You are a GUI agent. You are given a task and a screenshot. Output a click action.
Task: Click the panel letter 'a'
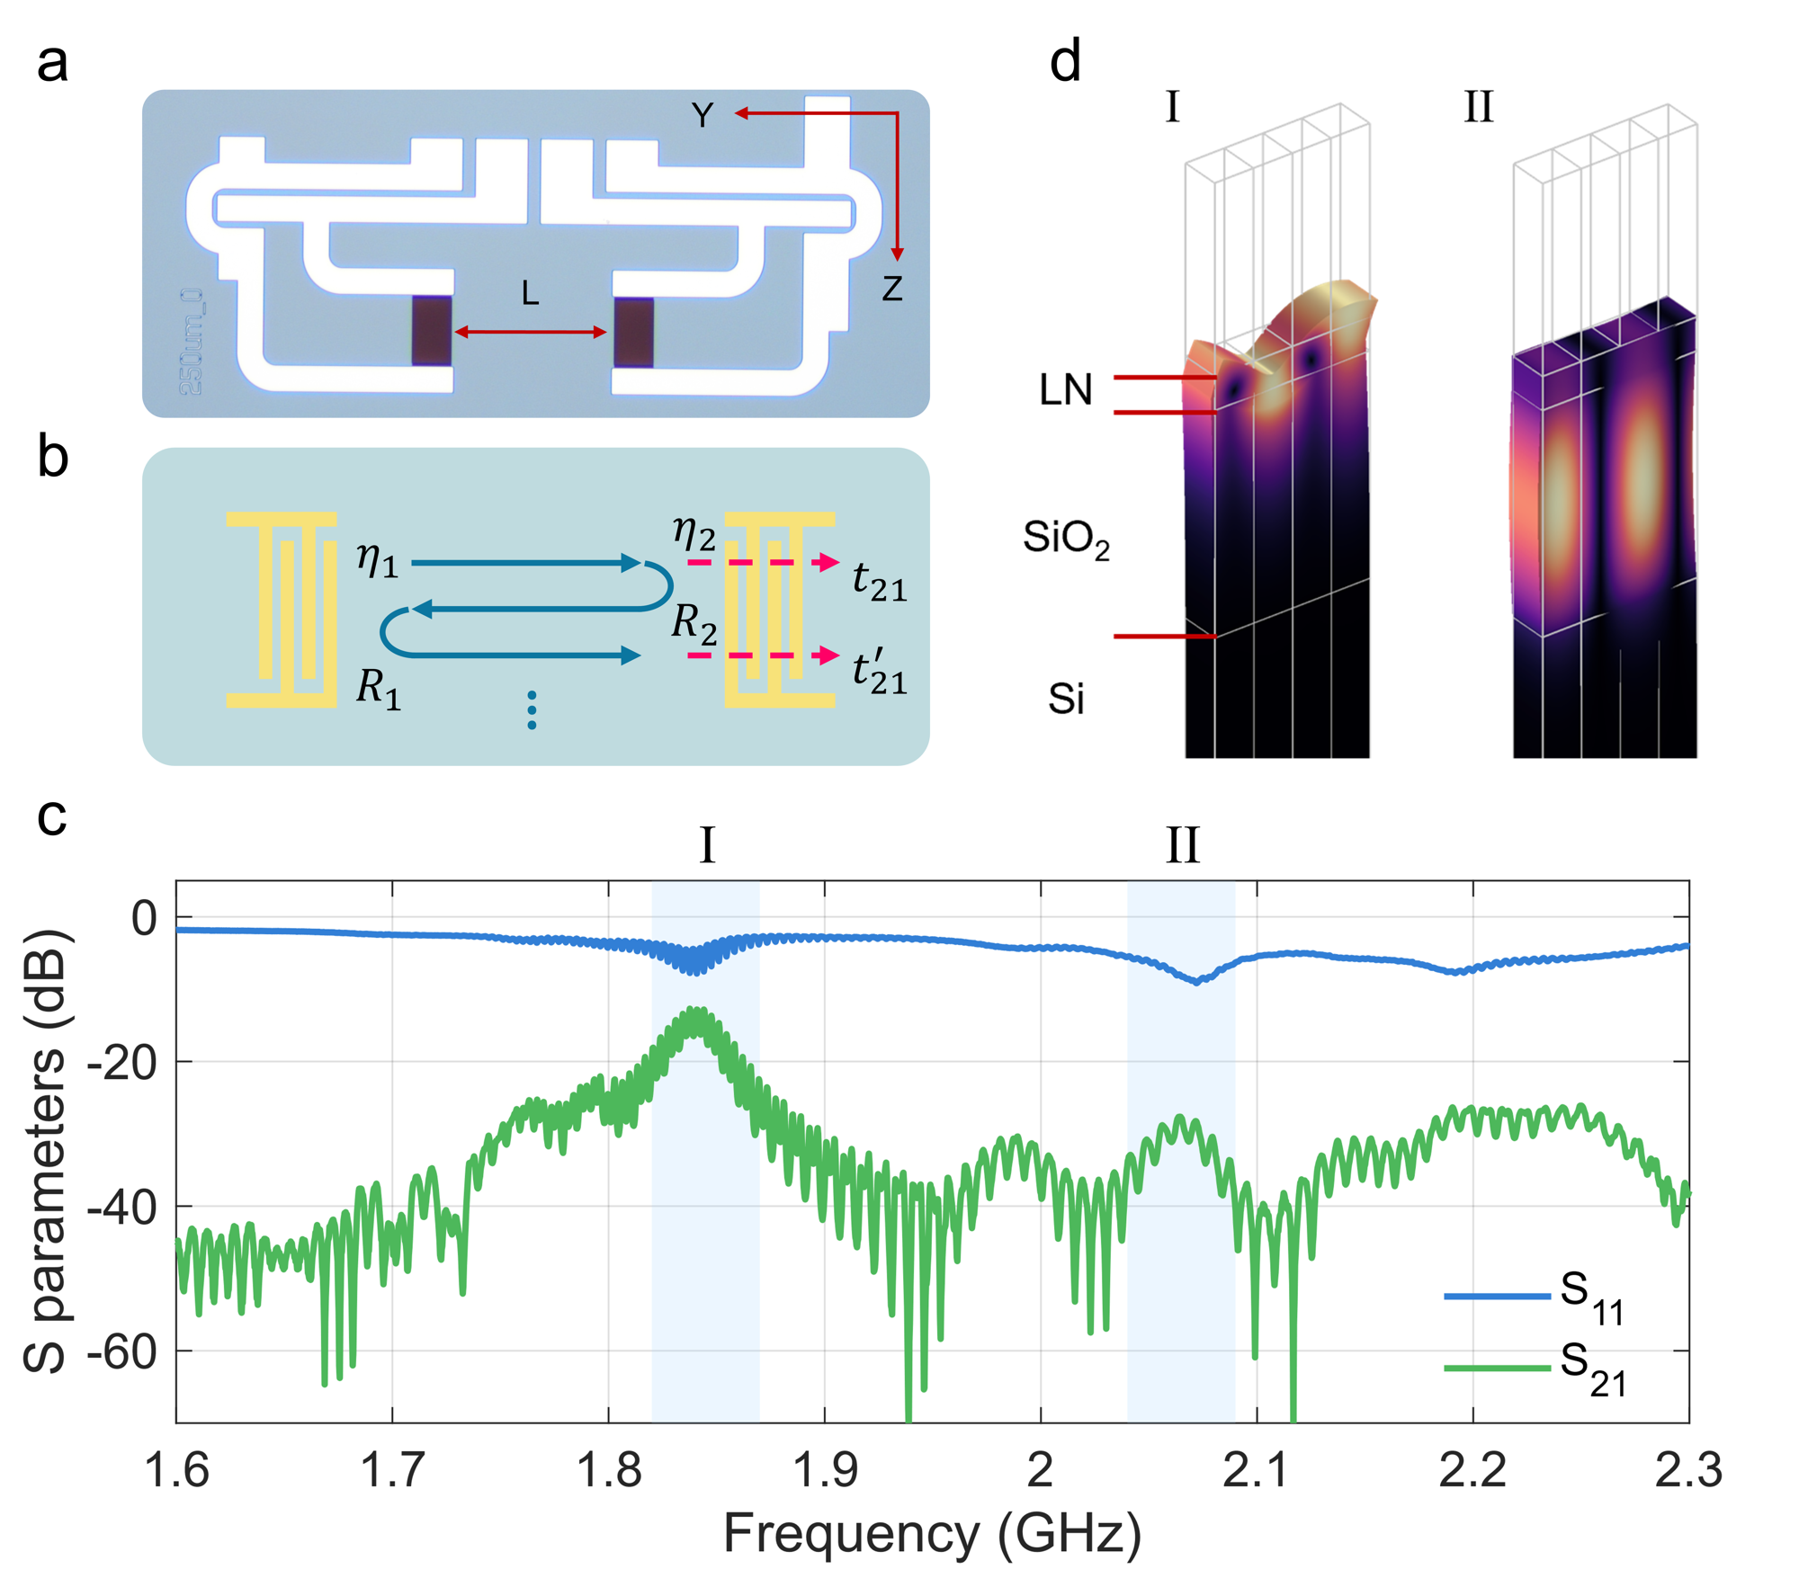pyautogui.click(x=52, y=65)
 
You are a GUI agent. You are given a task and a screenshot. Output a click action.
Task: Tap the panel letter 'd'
pyautogui.click(x=1065, y=63)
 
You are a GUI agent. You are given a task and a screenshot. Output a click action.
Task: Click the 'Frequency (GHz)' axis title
pyautogui.click(x=932, y=1535)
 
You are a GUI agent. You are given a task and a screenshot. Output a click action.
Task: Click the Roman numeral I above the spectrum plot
pyautogui.click(x=707, y=846)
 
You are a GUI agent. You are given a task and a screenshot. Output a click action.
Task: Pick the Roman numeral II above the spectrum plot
pyautogui.click(x=1182, y=846)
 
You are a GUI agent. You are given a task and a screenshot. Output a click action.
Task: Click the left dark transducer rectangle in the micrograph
pyautogui.click(x=432, y=331)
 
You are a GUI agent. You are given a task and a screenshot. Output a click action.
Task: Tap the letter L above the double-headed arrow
pyautogui.click(x=531, y=293)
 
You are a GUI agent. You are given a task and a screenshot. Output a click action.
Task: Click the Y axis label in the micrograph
pyautogui.click(x=703, y=115)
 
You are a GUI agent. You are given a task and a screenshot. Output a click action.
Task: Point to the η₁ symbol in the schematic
pyautogui.click(x=377, y=560)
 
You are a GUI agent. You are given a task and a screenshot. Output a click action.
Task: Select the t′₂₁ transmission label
pyautogui.click(x=879, y=672)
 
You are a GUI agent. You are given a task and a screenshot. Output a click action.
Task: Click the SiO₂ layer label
pyautogui.click(x=1066, y=539)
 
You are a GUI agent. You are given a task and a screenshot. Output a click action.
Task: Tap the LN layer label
pyautogui.click(x=1065, y=390)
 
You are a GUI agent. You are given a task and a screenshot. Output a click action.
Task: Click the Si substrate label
pyautogui.click(x=1066, y=699)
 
